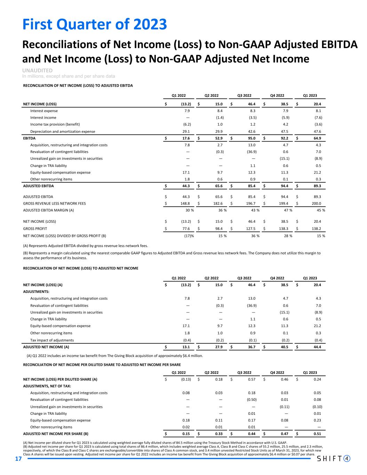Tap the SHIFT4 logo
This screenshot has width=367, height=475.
(x=333, y=459)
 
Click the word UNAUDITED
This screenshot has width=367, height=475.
(x=38, y=71)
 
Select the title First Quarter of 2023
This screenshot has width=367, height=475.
(x=95, y=25)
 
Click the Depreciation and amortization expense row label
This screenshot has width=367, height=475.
(x=63, y=132)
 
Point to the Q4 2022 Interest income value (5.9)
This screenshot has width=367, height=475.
(x=285, y=118)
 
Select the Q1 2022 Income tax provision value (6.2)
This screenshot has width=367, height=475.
(x=186, y=124)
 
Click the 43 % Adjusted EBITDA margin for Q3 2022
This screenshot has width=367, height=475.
(x=255, y=210)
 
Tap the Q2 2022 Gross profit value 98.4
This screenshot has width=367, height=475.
(x=218, y=228)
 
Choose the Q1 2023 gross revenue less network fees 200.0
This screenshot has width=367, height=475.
(x=316, y=203)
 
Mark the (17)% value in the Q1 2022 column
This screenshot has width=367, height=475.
(x=189, y=236)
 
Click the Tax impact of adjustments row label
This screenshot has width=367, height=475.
(x=52, y=340)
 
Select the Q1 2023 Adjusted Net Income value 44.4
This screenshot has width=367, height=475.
(x=317, y=347)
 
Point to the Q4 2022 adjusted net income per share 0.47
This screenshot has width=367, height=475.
(x=284, y=434)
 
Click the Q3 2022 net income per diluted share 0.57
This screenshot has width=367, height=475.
(x=251, y=379)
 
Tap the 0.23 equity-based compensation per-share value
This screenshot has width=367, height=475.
(x=317, y=420)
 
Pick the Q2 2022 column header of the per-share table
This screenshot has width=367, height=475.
(x=212, y=372)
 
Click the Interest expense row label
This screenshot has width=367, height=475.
(x=44, y=111)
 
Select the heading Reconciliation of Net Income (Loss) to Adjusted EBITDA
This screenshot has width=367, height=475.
(x=78, y=86)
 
